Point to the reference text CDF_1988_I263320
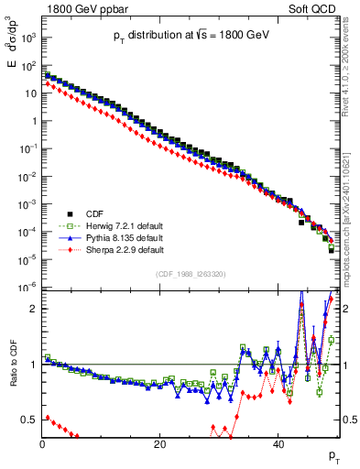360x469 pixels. click(190, 273)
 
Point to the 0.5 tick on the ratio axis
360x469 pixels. click(29, 420)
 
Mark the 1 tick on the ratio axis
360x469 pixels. click(34, 365)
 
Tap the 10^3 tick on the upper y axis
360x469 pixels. click(28, 38)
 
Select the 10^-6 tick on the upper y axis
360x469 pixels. click(28, 288)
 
